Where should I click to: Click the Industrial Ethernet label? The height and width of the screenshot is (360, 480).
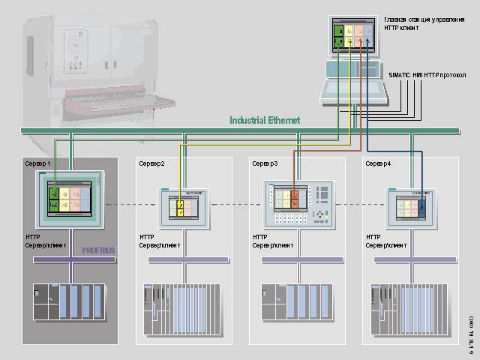pos(265,120)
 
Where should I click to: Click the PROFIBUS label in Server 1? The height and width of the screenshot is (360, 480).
pos(99,250)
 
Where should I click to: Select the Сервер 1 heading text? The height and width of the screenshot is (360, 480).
pos(38,163)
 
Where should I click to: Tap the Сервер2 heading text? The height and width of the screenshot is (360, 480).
pos(152,163)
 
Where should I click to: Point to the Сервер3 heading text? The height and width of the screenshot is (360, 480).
pos(265,163)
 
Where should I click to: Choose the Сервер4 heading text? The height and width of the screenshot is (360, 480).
pos(377,163)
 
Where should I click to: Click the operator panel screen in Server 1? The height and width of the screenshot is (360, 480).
pos(70,195)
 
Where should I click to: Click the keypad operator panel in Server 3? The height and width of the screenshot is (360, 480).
pos(298,204)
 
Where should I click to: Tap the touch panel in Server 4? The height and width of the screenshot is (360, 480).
pos(411,204)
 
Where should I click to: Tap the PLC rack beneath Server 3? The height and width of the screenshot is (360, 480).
pos(296,307)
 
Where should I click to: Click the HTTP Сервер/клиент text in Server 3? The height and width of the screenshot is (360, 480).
pos(273,241)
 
